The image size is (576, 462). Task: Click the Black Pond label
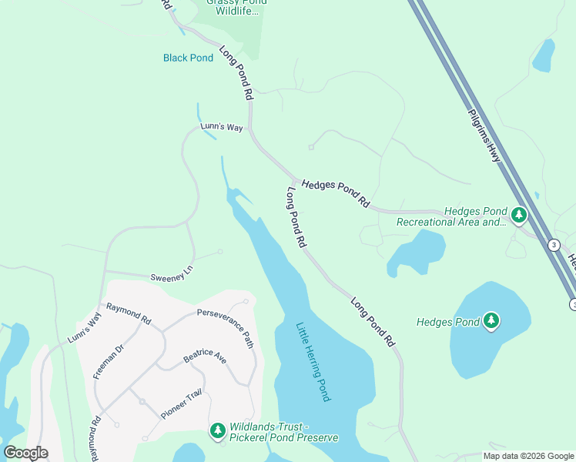tap(188, 58)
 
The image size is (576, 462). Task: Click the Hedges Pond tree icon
tap(491, 321)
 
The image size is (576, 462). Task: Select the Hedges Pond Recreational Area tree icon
tap(518, 215)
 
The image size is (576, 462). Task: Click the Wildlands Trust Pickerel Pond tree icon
tap(218, 431)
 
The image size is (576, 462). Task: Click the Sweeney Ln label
tap(170, 275)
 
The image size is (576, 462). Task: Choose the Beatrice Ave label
tap(204, 359)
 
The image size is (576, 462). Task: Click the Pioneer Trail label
tap(181, 403)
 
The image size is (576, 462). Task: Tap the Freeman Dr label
tap(109, 362)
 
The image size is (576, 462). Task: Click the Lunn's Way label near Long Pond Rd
tap(222, 127)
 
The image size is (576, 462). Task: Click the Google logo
tap(25, 453)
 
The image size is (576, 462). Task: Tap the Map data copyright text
tap(528, 456)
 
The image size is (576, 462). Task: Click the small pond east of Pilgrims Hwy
tap(544, 55)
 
